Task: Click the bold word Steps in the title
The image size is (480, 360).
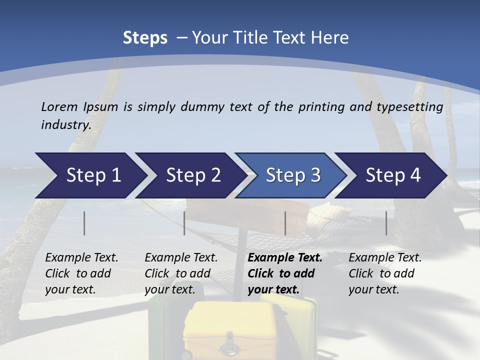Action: tap(145, 38)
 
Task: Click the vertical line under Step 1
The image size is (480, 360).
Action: tap(84, 223)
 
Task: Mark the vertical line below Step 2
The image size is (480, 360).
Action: tap(184, 223)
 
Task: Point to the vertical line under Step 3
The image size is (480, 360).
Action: tap(285, 223)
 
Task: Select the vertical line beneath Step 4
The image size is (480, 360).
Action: tap(386, 223)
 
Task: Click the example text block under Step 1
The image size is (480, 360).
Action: tap(81, 273)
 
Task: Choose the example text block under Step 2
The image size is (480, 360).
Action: tap(180, 273)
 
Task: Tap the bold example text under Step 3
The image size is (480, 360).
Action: tap(284, 273)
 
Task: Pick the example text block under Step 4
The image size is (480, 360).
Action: tap(384, 273)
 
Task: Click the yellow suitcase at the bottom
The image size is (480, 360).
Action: tap(230, 330)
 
